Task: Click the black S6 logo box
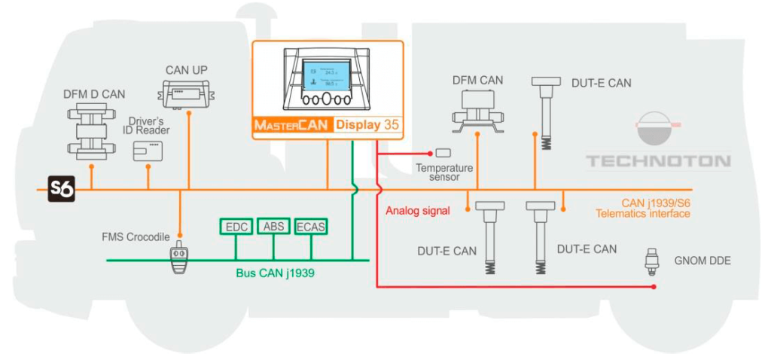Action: [x=62, y=190]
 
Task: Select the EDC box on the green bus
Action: [x=236, y=226]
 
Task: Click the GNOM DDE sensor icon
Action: [x=653, y=261]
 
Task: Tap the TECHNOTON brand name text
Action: [x=659, y=161]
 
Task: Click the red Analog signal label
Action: [x=417, y=211]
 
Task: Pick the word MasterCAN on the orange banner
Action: [x=291, y=125]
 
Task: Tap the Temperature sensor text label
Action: [x=444, y=173]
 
